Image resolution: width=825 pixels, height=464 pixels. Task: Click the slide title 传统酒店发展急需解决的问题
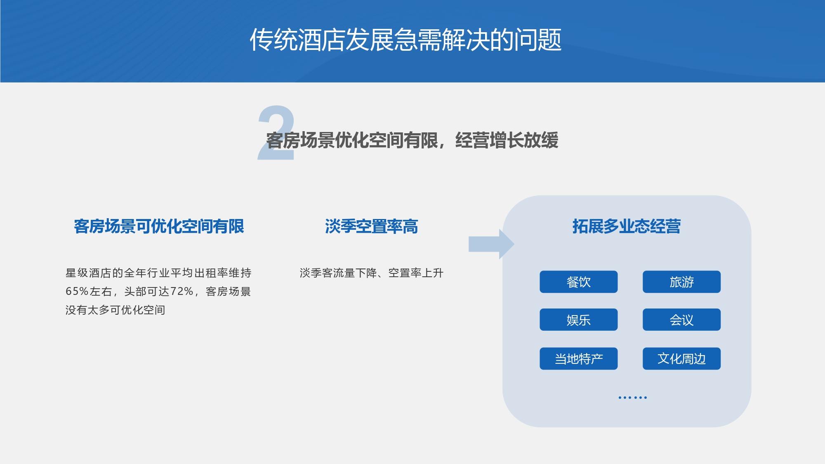pyautogui.click(x=405, y=40)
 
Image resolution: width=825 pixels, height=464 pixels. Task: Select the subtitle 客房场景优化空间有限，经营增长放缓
pyautogui.click(x=412, y=140)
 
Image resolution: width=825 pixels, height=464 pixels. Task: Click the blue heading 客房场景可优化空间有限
pyautogui.click(x=159, y=226)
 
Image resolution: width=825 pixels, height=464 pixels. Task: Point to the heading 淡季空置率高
pyautogui.click(x=371, y=226)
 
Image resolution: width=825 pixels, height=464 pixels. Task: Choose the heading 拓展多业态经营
pyautogui.click(x=626, y=226)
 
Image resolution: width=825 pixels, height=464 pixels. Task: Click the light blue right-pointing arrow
pyautogui.click(x=491, y=244)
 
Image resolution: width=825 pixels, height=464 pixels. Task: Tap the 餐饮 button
pyautogui.click(x=578, y=282)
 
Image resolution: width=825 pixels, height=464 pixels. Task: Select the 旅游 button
pyautogui.click(x=681, y=282)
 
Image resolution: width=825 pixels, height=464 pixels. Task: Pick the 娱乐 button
pyautogui.click(x=578, y=320)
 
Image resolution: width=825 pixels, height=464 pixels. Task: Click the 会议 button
pyautogui.click(x=681, y=320)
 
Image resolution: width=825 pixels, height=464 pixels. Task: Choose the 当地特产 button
pyautogui.click(x=578, y=358)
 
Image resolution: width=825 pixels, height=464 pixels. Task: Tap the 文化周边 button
pyautogui.click(x=681, y=358)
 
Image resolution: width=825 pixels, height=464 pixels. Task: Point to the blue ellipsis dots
pyautogui.click(x=633, y=398)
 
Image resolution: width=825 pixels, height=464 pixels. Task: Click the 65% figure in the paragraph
pyautogui.click(x=77, y=292)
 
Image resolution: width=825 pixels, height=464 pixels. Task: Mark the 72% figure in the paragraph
pyautogui.click(x=182, y=292)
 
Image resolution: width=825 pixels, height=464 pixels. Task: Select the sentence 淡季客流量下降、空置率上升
pyautogui.click(x=372, y=273)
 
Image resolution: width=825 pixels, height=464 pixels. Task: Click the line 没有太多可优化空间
pyautogui.click(x=115, y=310)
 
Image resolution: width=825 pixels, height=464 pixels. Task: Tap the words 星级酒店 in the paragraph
pyautogui.click(x=89, y=273)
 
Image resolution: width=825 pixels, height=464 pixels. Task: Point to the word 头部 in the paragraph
pyautogui.click(x=135, y=292)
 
